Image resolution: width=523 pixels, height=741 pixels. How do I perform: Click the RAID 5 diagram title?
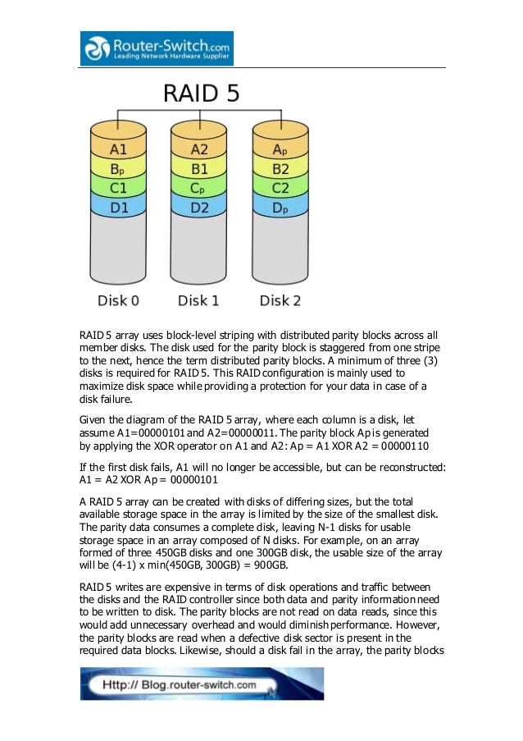(x=202, y=93)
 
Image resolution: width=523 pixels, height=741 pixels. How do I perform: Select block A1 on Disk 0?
(x=119, y=149)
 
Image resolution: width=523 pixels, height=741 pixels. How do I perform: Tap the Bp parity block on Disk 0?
(x=119, y=168)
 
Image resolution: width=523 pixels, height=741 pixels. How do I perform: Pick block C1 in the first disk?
(x=119, y=188)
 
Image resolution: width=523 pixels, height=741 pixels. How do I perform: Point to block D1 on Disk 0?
(x=119, y=207)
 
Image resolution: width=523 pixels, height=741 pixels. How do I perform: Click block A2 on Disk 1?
(x=199, y=149)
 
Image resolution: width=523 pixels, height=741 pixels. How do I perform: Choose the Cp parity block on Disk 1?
(x=199, y=188)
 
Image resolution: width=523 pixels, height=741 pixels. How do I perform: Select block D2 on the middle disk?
(x=199, y=207)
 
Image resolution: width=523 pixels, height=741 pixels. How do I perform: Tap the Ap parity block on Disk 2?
(x=280, y=149)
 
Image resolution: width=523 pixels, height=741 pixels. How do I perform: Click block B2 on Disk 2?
(x=280, y=168)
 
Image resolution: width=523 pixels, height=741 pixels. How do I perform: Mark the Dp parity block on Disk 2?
(x=280, y=207)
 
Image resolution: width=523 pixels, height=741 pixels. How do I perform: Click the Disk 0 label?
(x=119, y=300)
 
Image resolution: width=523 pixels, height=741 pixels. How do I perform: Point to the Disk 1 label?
(x=199, y=300)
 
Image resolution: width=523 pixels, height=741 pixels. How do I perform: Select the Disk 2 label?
(x=280, y=300)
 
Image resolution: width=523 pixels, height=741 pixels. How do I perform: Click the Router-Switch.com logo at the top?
(x=157, y=48)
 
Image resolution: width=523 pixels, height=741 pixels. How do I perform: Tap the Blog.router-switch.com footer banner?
(x=202, y=684)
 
